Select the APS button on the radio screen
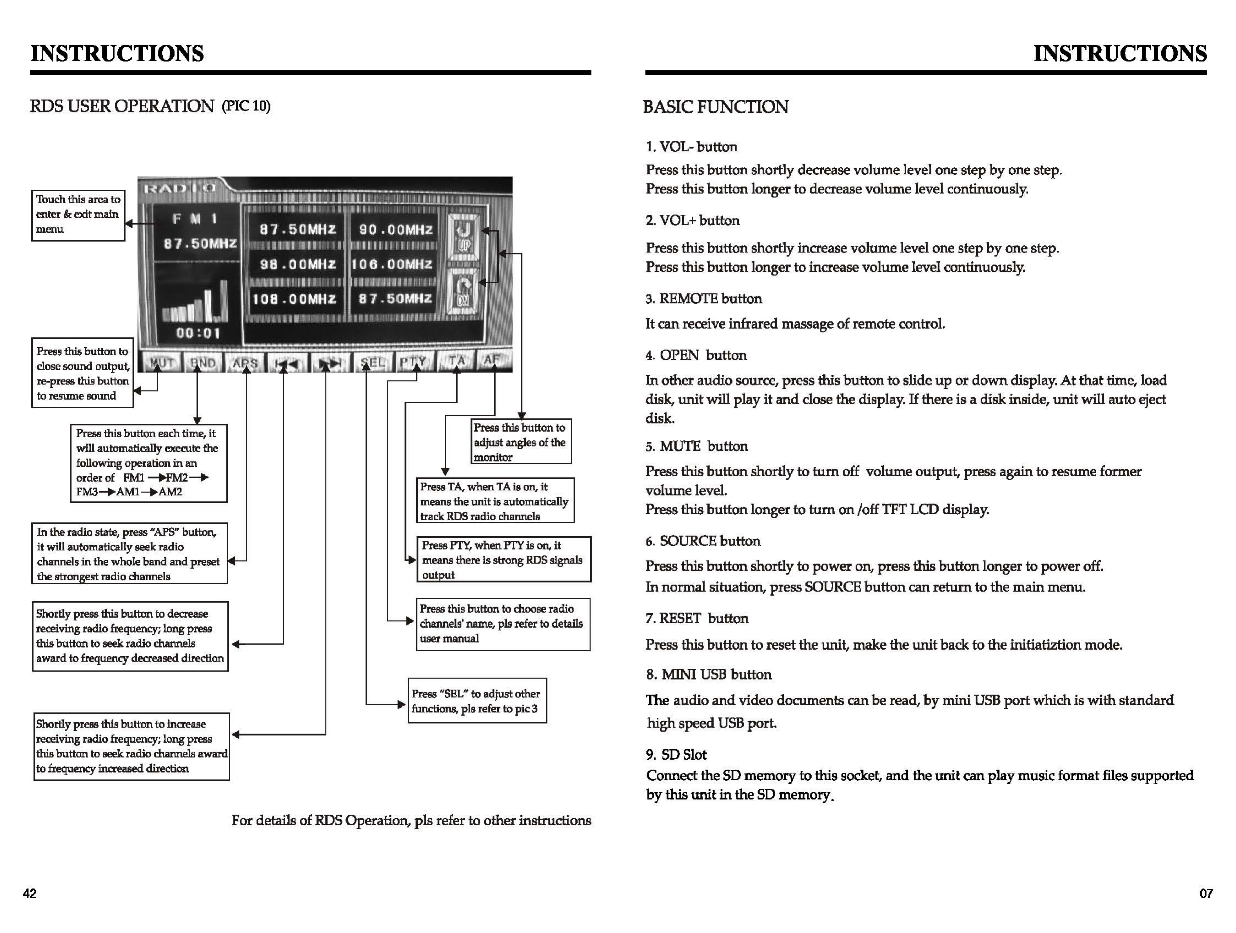coord(245,362)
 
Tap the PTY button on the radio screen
coord(413,361)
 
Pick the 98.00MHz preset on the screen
coord(298,264)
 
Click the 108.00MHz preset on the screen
coord(295,299)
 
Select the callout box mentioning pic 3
coord(477,701)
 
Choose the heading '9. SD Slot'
coord(676,755)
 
